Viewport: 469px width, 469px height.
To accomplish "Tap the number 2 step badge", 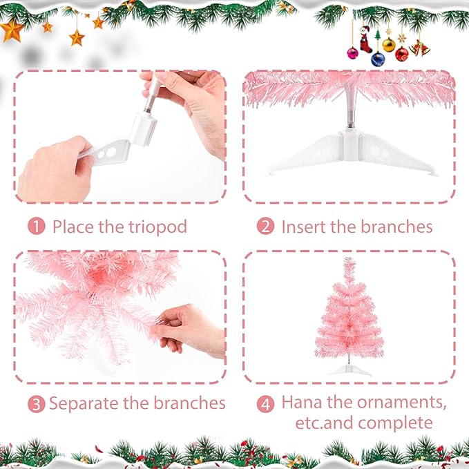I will point(266,226).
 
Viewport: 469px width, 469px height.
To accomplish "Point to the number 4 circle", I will point(266,403).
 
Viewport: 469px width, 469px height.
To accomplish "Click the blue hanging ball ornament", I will point(378,59).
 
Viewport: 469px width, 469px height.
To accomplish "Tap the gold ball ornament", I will point(389,46).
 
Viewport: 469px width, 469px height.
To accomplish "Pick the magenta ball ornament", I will point(353,52).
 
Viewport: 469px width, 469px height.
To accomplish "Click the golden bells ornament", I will point(419,48).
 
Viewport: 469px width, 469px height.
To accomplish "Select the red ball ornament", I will point(402,53).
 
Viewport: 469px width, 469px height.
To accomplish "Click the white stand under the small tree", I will point(349,371).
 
